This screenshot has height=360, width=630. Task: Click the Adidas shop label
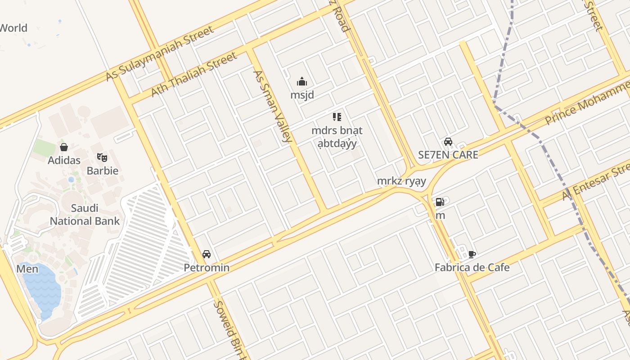tap(64, 160)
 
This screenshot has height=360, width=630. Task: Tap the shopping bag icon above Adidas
tap(64, 147)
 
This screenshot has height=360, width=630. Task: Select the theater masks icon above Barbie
tap(102, 157)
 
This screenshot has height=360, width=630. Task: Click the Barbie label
tap(102, 171)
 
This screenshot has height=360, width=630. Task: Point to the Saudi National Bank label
tap(85, 215)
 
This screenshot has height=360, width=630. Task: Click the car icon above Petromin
tap(207, 254)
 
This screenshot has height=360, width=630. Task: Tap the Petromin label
tap(207, 268)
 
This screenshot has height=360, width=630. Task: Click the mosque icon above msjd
tap(301, 82)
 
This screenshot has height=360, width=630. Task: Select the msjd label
tap(302, 95)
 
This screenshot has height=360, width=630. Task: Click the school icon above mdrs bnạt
tap(337, 117)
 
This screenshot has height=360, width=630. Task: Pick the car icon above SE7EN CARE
tap(448, 142)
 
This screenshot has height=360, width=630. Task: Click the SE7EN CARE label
tap(448, 155)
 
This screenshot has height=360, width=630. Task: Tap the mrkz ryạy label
tap(401, 181)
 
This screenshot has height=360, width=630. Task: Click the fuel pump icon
tap(440, 202)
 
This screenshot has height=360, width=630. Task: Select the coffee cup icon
tap(472, 254)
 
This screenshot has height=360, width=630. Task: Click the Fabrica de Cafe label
tap(472, 268)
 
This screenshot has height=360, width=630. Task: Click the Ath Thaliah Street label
tap(193, 74)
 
